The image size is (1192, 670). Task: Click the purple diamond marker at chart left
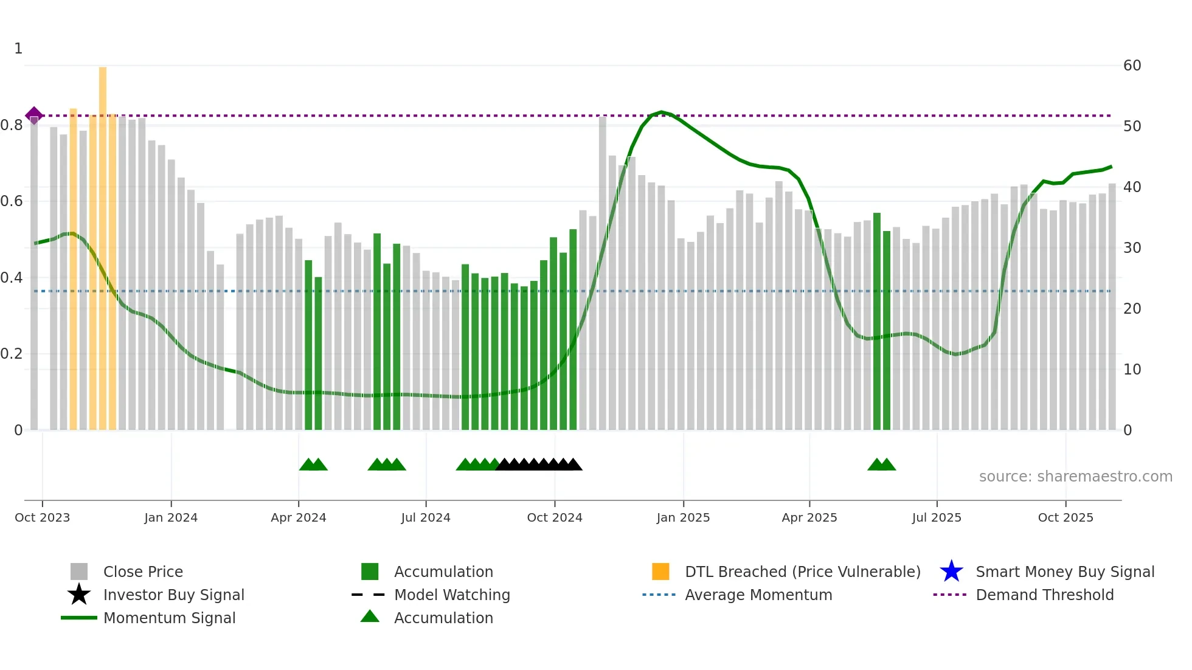[34, 115]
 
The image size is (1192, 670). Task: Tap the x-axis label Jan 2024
[171, 517]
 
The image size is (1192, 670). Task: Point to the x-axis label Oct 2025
[1066, 517]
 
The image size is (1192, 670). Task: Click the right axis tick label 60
[1132, 66]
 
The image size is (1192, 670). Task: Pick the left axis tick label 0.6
[12, 201]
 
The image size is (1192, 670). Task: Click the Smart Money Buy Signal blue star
[951, 572]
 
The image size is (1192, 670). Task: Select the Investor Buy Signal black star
[79, 595]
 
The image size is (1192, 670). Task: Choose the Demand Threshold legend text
[1044, 595]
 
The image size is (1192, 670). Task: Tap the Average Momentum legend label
[758, 595]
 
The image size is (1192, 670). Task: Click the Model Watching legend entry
[452, 595]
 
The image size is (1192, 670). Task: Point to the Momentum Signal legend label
[169, 618]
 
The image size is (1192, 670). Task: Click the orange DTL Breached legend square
[660, 572]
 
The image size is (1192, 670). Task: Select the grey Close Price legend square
[79, 572]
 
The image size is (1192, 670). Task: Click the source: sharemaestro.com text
[1075, 477]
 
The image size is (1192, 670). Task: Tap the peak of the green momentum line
[662, 112]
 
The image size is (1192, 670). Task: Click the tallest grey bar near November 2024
[603, 274]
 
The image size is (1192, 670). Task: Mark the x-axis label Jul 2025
[937, 517]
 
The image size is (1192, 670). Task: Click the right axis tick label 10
[1132, 370]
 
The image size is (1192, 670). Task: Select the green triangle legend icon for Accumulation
[370, 616]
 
